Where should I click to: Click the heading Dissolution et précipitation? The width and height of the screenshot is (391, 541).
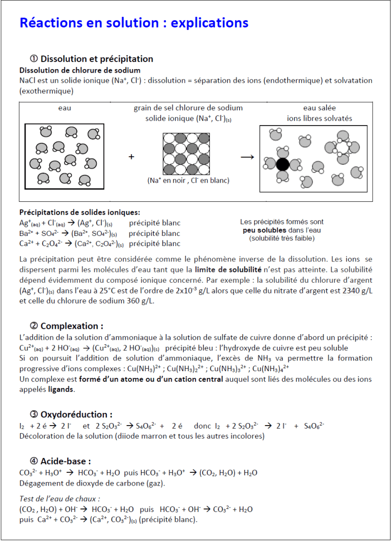(x=97, y=58)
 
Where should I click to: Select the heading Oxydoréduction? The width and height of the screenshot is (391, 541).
(x=76, y=414)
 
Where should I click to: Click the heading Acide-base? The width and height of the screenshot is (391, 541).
(x=66, y=461)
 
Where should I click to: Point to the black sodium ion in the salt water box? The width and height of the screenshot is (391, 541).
(x=282, y=164)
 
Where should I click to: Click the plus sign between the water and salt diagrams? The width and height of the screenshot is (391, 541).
(x=131, y=157)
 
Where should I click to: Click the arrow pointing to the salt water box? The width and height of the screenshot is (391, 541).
(x=247, y=157)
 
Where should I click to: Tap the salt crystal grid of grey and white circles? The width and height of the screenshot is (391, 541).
(x=186, y=154)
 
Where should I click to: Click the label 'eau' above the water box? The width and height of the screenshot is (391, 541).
(x=65, y=108)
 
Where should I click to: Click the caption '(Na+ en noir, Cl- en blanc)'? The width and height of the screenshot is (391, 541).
(x=188, y=181)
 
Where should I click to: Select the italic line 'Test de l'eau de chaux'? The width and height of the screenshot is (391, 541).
(x=60, y=498)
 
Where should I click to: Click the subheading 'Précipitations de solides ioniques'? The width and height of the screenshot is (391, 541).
(x=79, y=212)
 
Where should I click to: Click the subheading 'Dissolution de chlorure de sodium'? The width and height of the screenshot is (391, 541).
(x=80, y=70)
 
